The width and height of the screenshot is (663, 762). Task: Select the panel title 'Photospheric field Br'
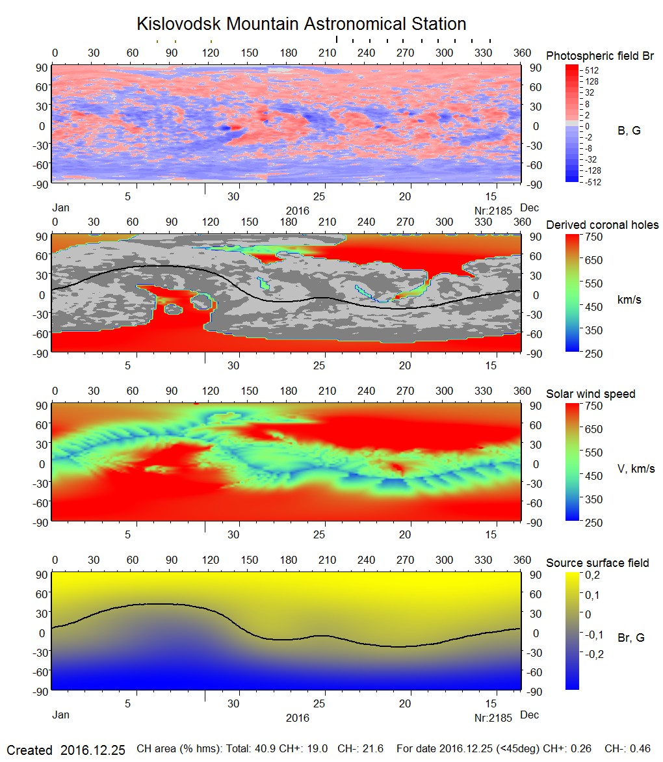click(600, 56)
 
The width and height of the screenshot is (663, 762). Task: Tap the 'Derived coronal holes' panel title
click(602, 225)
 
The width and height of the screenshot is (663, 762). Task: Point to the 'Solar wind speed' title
click(590, 394)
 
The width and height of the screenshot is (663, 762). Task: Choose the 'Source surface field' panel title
click(597, 562)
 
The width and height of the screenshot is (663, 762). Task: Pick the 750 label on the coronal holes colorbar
click(593, 237)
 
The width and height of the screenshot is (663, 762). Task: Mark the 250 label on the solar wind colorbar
click(593, 522)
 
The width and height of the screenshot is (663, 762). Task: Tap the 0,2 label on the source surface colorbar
click(592, 575)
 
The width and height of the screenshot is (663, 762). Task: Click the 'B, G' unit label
click(629, 131)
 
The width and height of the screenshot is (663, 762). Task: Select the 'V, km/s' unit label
click(636, 469)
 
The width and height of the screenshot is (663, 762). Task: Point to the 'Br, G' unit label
click(630, 638)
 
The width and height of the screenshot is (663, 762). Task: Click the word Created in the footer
click(29, 750)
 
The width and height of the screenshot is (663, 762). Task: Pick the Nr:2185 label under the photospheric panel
click(494, 211)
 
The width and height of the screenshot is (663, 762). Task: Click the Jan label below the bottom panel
click(60, 715)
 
